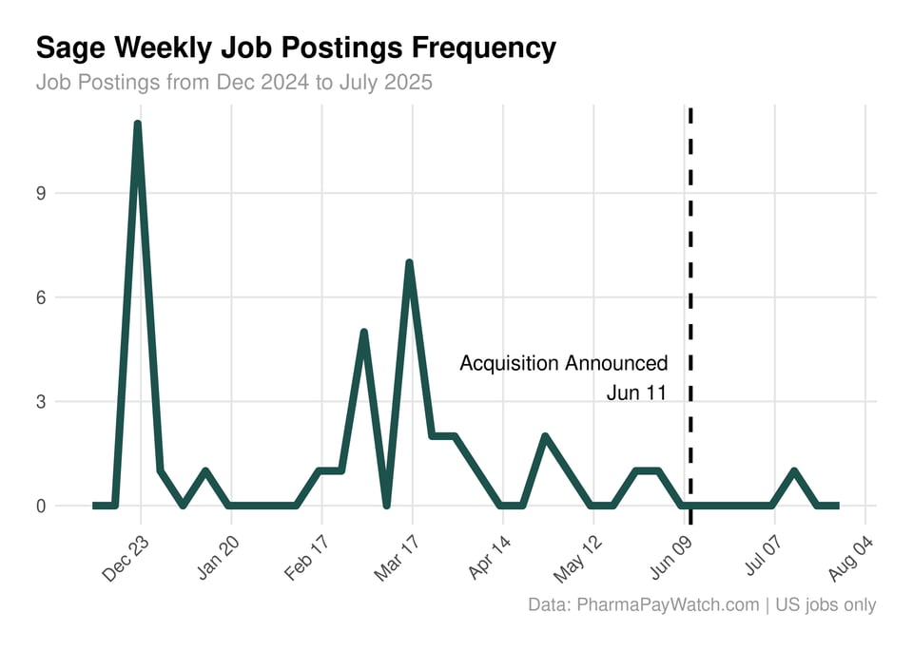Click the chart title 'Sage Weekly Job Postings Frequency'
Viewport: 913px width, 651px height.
point(295,48)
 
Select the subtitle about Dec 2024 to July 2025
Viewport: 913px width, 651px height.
point(234,83)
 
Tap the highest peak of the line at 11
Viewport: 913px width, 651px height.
point(138,124)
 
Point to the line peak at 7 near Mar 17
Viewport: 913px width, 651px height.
point(409,263)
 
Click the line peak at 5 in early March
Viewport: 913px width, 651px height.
point(363,333)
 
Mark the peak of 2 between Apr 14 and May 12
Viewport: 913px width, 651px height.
point(545,436)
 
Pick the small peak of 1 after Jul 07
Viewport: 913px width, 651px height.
point(794,471)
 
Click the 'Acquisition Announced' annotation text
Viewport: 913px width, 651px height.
point(563,363)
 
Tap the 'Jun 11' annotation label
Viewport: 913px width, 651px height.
point(636,392)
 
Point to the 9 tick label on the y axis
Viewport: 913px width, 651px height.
point(41,193)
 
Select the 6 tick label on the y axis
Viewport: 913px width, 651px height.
point(41,297)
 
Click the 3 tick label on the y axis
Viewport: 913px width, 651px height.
point(41,402)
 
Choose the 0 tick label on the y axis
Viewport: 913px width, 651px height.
point(41,506)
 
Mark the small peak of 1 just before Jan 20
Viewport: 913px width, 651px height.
point(205,471)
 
